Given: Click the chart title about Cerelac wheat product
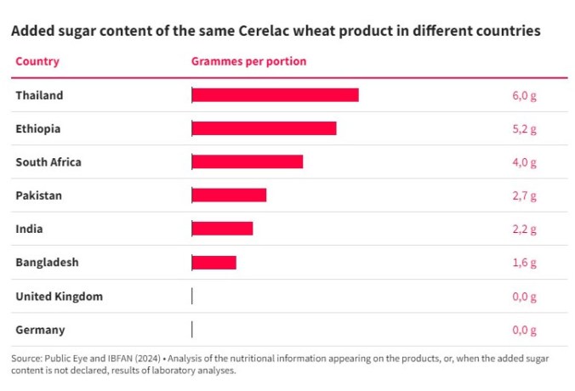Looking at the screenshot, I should pyautogui.click(x=275, y=31).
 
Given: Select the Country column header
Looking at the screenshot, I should pyautogui.click(x=37, y=62).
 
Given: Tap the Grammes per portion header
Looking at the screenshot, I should pyautogui.click(x=248, y=62).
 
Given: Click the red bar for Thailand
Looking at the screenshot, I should pyautogui.click(x=275, y=95).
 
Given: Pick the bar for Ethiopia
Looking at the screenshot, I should pyautogui.click(x=264, y=128).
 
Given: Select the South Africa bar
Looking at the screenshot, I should pyautogui.click(x=247, y=161).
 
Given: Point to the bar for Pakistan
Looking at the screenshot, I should pyautogui.click(x=229, y=195).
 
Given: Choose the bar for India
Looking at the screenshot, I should pyautogui.click(x=222, y=229).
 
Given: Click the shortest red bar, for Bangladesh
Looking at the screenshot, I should pyautogui.click(x=213, y=262).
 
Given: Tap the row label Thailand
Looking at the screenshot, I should pyautogui.click(x=39, y=95).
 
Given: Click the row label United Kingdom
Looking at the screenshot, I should pyautogui.click(x=59, y=296).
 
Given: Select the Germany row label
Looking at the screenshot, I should pyautogui.click(x=40, y=330).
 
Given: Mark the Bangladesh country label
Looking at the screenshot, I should pyautogui.click(x=47, y=262).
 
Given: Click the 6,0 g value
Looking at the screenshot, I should pyautogui.click(x=524, y=95).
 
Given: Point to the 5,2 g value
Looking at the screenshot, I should pyautogui.click(x=524, y=128).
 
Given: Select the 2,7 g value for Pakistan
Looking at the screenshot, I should pyautogui.click(x=524, y=195).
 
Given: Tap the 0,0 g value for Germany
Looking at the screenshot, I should pyautogui.click(x=524, y=330).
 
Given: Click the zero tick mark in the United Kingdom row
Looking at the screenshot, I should pyautogui.click(x=192, y=296).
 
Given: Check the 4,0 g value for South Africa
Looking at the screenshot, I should pyautogui.click(x=524, y=161).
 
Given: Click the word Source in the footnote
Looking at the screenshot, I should pyautogui.click(x=27, y=359).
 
